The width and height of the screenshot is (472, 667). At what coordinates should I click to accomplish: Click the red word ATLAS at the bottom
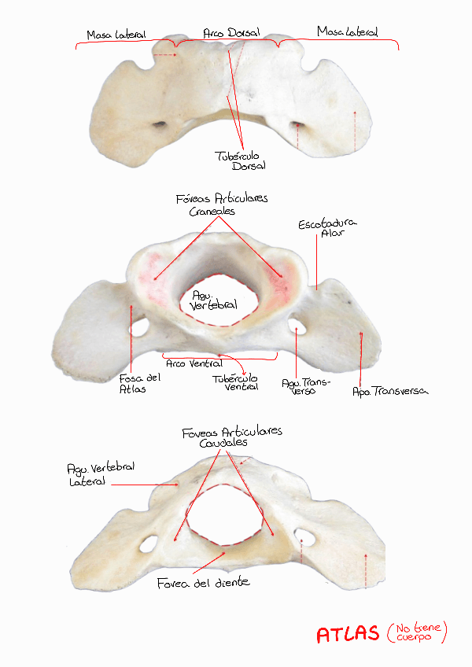[348, 635]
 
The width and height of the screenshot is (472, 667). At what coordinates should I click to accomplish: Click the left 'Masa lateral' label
[116, 35]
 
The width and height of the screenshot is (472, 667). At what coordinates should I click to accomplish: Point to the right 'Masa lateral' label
[347, 32]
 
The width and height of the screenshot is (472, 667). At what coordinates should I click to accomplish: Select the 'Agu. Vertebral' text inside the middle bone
[214, 300]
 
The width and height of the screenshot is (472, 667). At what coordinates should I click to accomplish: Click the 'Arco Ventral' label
[194, 363]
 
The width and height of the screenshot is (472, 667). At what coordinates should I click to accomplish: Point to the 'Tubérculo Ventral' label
[236, 382]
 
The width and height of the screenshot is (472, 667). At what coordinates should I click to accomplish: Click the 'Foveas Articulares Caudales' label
[231, 437]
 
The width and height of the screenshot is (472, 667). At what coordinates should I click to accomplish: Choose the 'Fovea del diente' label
[203, 583]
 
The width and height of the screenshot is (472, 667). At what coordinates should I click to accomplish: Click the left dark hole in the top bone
[160, 123]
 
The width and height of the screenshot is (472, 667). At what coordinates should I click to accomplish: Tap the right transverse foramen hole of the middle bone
[300, 323]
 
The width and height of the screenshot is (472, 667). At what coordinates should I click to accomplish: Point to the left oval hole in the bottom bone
[147, 544]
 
